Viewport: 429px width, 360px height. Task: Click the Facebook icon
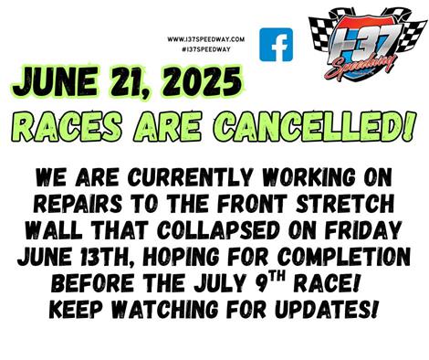(x=276, y=45)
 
